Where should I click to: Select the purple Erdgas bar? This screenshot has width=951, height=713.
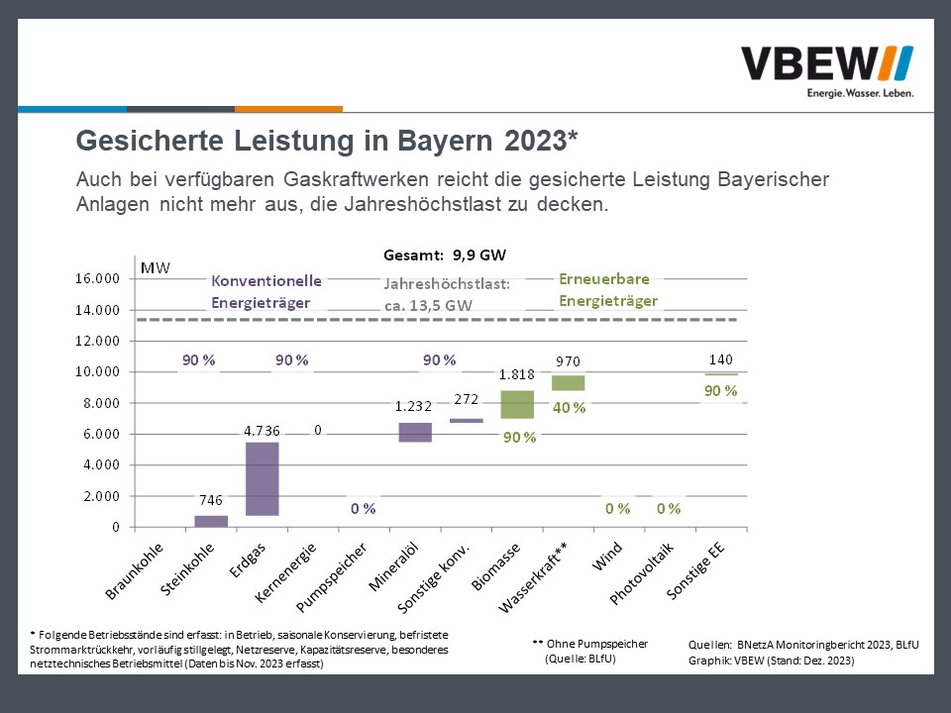[263, 478]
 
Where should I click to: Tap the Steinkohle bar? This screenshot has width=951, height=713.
[211, 521]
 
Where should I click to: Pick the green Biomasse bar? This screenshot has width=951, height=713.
[517, 404]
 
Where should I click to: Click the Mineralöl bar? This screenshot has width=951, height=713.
[415, 432]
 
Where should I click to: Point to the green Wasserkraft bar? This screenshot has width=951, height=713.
[569, 383]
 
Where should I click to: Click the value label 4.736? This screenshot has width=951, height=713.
[263, 431]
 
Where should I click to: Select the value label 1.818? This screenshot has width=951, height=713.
[516, 375]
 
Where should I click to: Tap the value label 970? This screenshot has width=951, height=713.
[568, 361]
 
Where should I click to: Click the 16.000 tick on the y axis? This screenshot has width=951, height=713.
[97, 279]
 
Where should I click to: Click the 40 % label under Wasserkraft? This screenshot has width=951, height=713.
[569, 407]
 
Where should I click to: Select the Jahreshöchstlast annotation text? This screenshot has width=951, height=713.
[446, 294]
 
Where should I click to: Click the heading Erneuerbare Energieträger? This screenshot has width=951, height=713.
[608, 290]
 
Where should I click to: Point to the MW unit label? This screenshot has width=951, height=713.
[156, 268]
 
